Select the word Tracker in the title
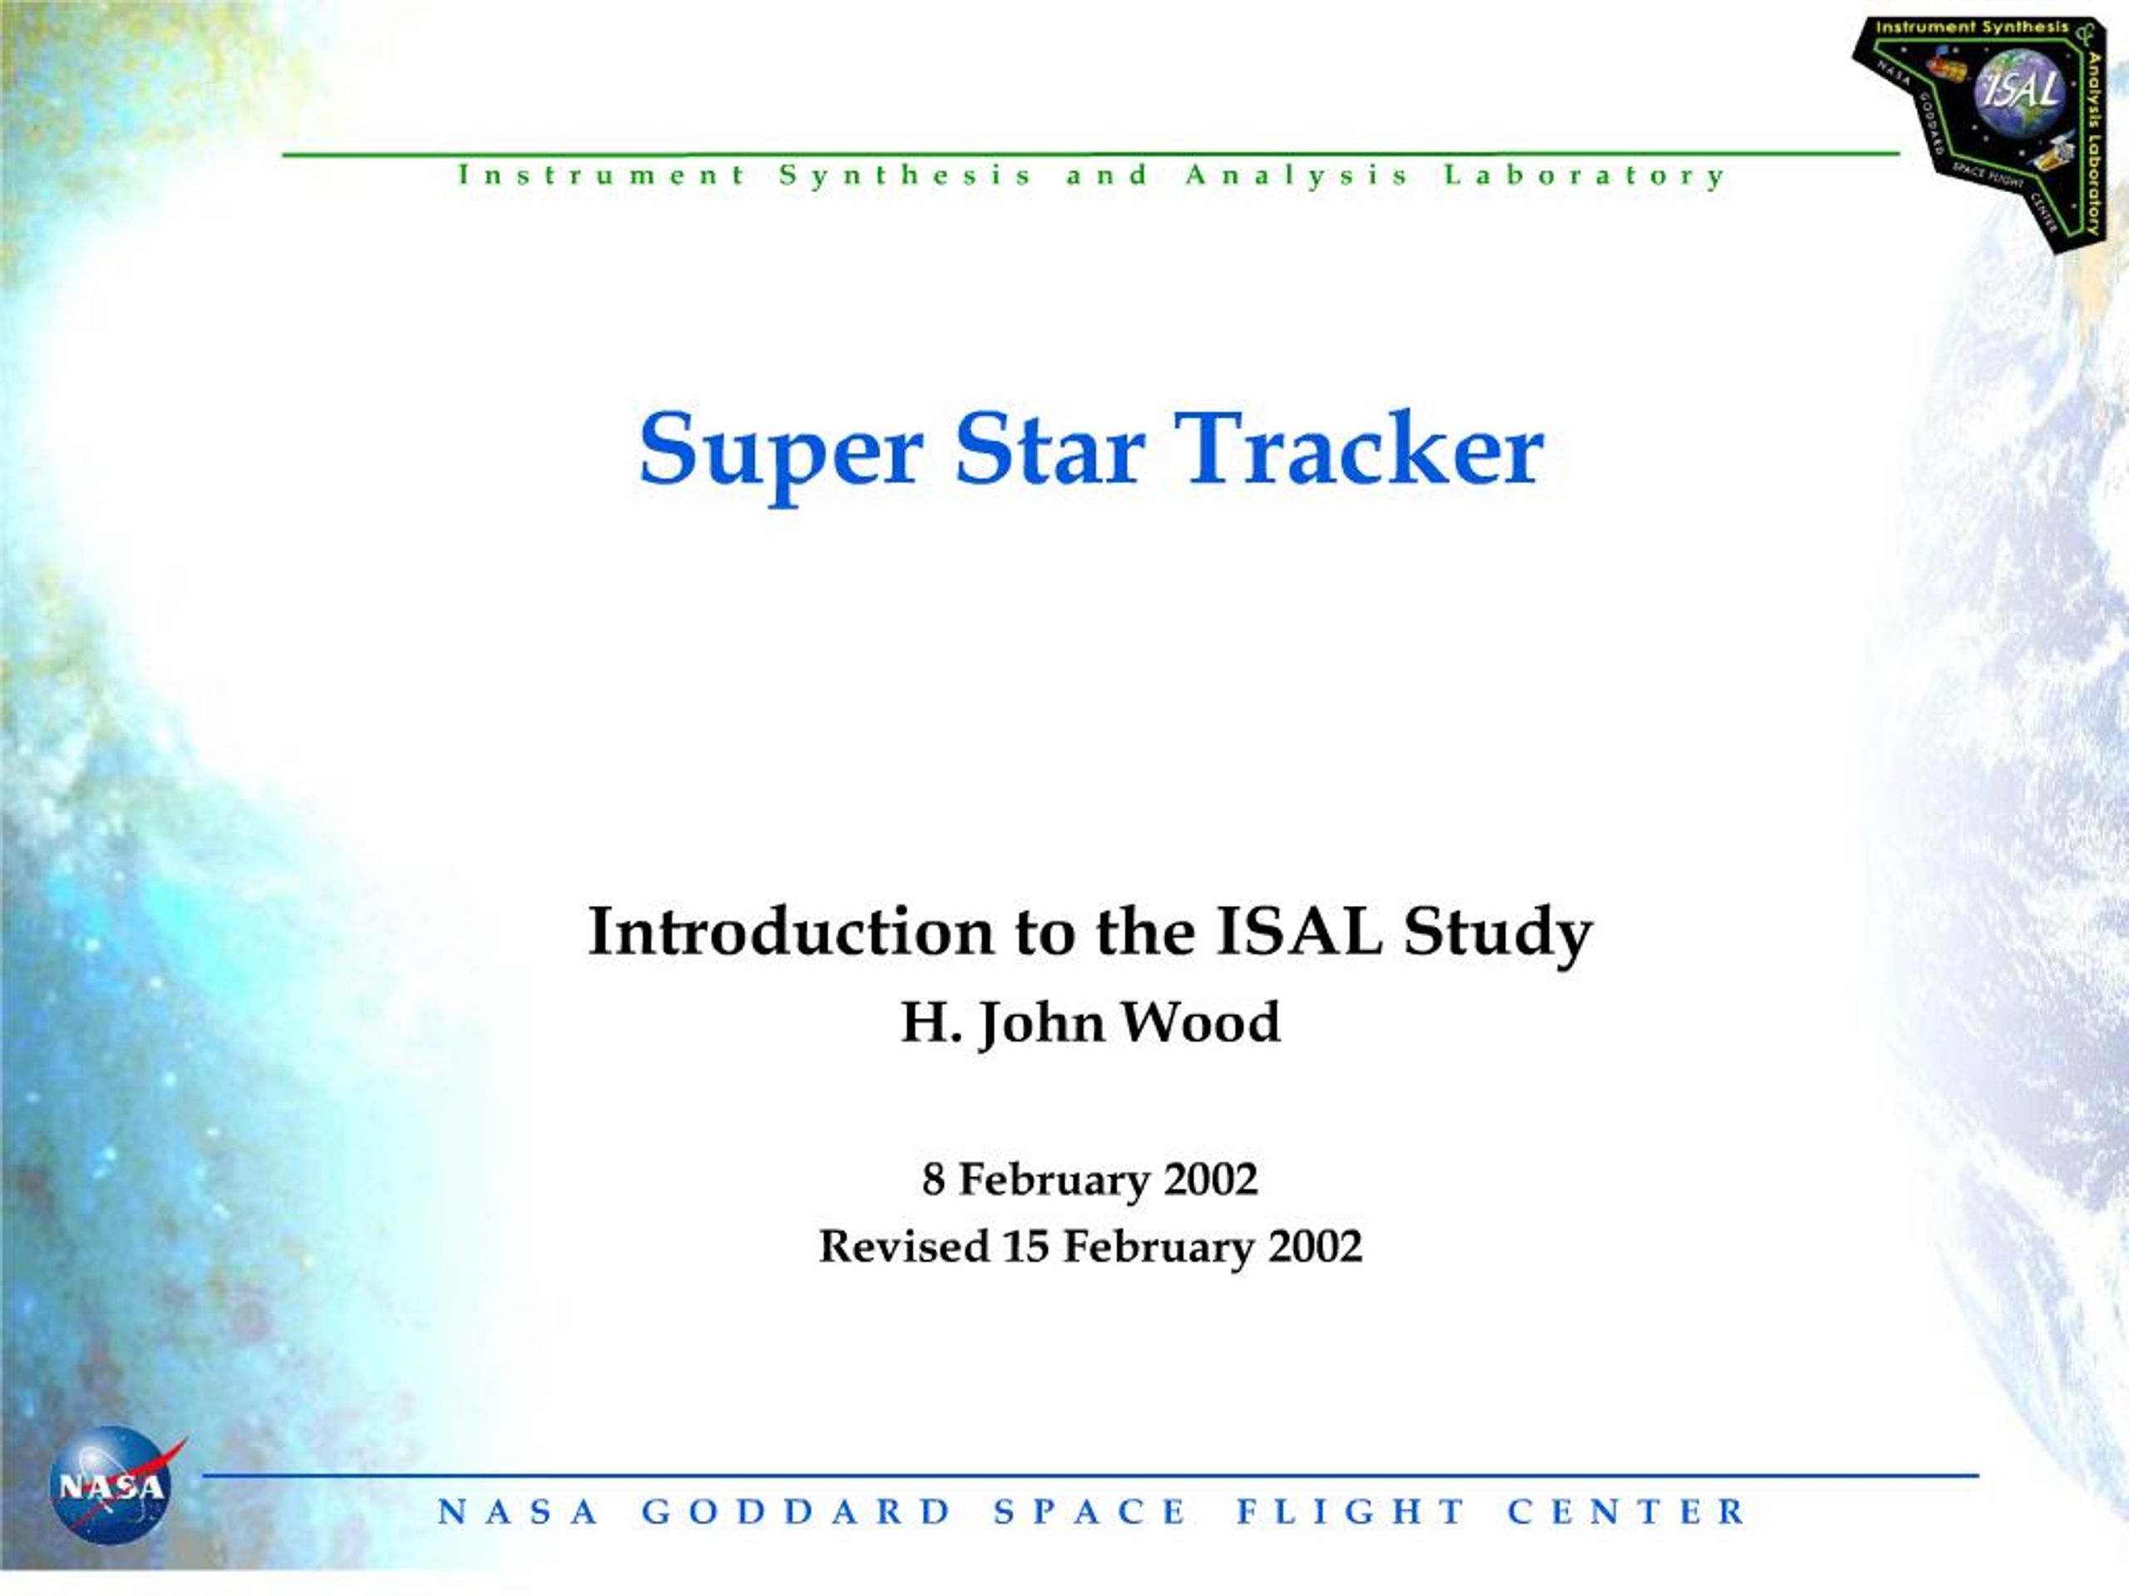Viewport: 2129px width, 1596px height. (1358, 447)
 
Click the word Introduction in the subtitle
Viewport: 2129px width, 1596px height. (790, 931)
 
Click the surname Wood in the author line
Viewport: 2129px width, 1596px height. (1201, 1022)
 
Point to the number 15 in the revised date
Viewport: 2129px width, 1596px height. (1026, 1248)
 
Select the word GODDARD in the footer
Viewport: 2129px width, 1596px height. (796, 1511)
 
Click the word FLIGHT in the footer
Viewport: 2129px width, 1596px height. (1351, 1511)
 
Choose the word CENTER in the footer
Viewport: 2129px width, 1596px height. (1627, 1511)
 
